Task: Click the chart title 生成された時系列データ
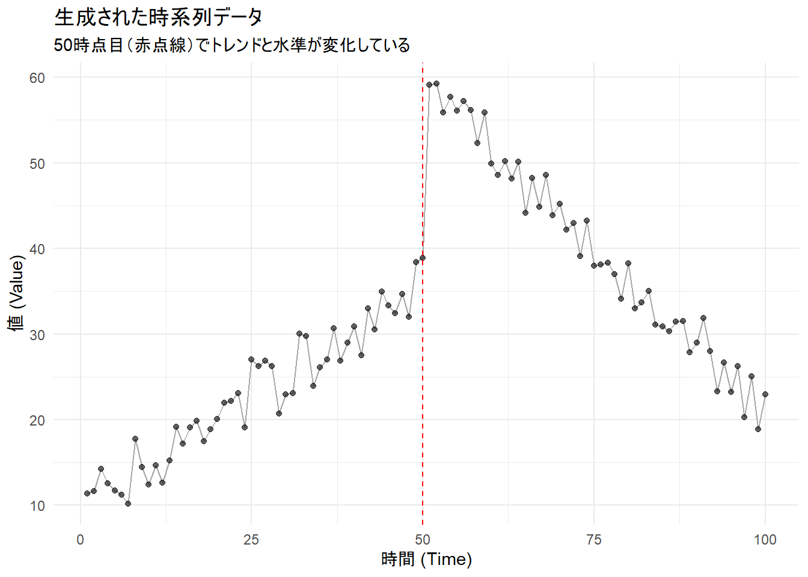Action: coord(158,17)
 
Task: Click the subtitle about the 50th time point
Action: coord(231,45)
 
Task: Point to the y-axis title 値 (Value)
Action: coord(16,293)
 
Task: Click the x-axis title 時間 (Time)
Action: coord(426,559)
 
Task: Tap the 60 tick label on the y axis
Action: coord(37,78)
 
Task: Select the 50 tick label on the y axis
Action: coord(37,163)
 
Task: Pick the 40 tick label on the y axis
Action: coord(37,249)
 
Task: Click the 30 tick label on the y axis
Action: coord(37,335)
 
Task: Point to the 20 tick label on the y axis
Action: coord(37,420)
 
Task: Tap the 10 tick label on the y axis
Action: coord(37,505)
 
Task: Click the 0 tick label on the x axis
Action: coord(81,539)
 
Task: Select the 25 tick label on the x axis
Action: coord(251,539)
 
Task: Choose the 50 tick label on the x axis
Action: coord(423,539)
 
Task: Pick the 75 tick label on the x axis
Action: coord(594,539)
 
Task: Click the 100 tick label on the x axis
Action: coord(765,539)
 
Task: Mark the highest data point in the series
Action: coord(436,84)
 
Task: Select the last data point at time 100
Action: coord(765,394)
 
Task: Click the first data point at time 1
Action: coord(87,493)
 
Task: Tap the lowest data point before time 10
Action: coord(128,504)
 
